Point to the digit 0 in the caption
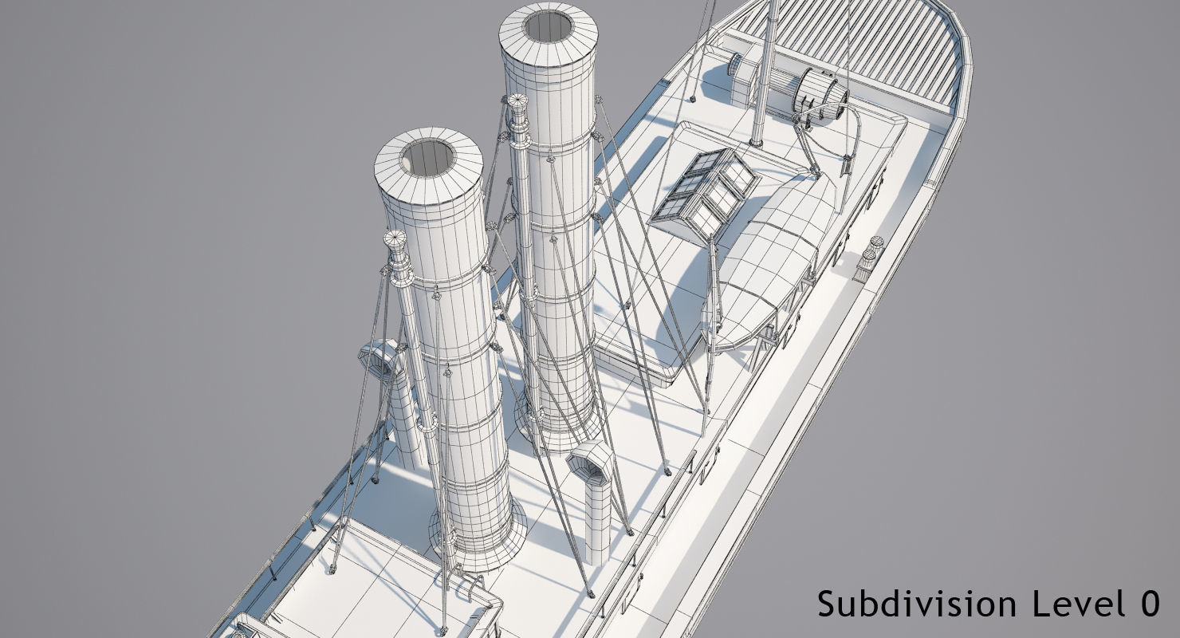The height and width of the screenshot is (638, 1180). tap(1149, 604)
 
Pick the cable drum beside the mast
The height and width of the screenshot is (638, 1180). tap(821, 92)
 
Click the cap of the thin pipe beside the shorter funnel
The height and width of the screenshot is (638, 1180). tap(395, 239)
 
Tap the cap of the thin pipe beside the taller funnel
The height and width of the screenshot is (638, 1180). tap(517, 101)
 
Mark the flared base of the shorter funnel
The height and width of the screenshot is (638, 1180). tap(478, 542)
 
